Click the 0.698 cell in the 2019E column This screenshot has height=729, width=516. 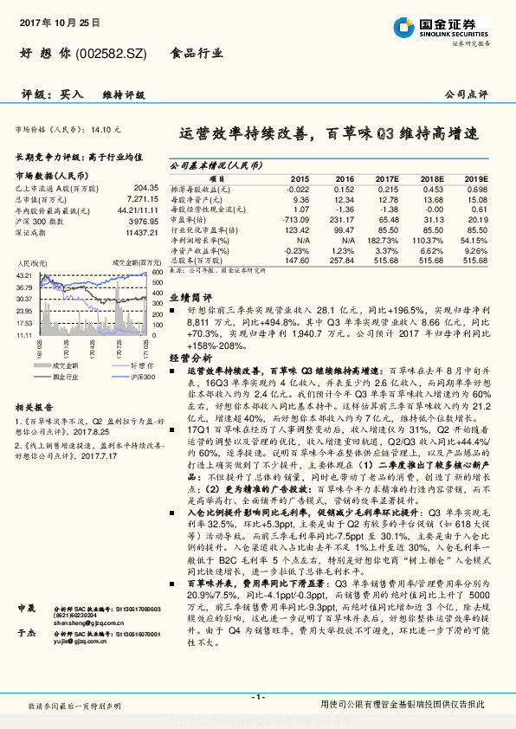click(x=478, y=189)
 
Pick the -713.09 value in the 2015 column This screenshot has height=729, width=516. click(x=295, y=220)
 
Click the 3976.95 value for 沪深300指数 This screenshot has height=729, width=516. click(x=142, y=220)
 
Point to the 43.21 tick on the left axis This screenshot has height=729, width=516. click(x=23, y=274)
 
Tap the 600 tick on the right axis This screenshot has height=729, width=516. click(x=157, y=274)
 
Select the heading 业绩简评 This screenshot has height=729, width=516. click(x=185, y=296)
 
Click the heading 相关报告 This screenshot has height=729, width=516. click(x=35, y=406)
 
